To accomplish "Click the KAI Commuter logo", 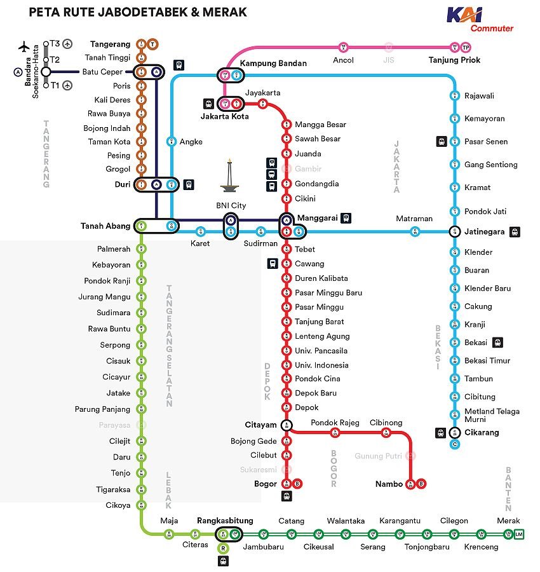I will (480, 18).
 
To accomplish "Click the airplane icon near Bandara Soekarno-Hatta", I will (25, 47).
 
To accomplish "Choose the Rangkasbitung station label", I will (225, 521).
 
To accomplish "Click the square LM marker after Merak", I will (520, 534).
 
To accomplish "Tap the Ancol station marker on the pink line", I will (344, 47).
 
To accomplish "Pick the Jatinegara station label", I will (485, 232).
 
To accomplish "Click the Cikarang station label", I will (482, 433).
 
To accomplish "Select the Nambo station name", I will (389, 484).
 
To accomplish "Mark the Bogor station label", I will (266, 484).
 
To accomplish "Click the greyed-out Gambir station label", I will (308, 169).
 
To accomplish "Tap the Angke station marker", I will (171, 142).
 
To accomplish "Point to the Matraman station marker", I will (415, 231).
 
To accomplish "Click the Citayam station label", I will (260, 425).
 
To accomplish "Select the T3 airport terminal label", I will (55, 43).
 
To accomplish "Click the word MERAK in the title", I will (224, 12).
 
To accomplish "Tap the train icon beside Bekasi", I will (497, 343).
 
